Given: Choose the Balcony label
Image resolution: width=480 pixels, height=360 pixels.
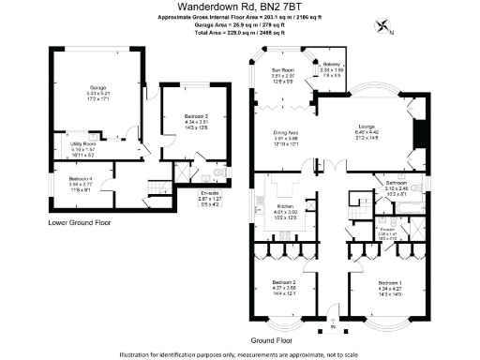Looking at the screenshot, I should click(x=331, y=64).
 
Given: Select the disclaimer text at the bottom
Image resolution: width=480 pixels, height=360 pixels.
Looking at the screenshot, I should click(x=240, y=354).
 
